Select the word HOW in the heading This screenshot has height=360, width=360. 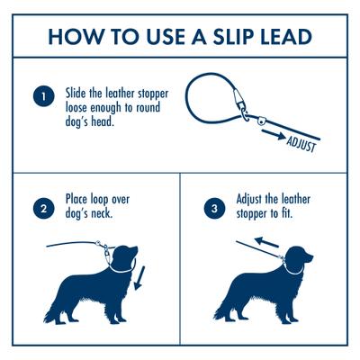76,37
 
